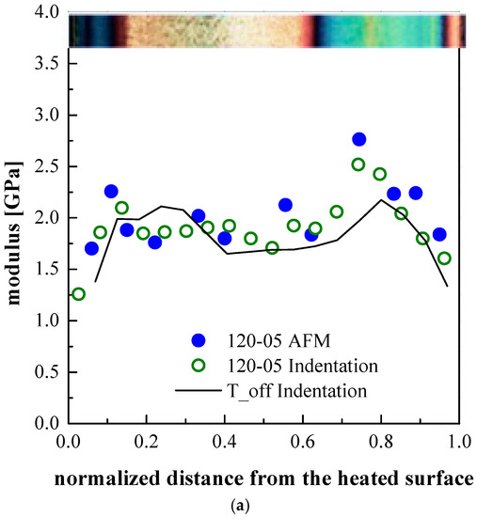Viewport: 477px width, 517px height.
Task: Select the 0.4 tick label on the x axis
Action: point(224,440)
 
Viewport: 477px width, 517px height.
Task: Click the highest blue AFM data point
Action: point(358,139)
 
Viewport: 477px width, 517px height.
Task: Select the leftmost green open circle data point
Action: point(78,294)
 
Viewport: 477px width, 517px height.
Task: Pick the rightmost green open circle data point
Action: point(445,258)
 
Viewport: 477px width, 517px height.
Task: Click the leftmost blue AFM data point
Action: point(91,248)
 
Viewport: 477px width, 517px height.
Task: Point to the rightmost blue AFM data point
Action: point(438,234)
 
